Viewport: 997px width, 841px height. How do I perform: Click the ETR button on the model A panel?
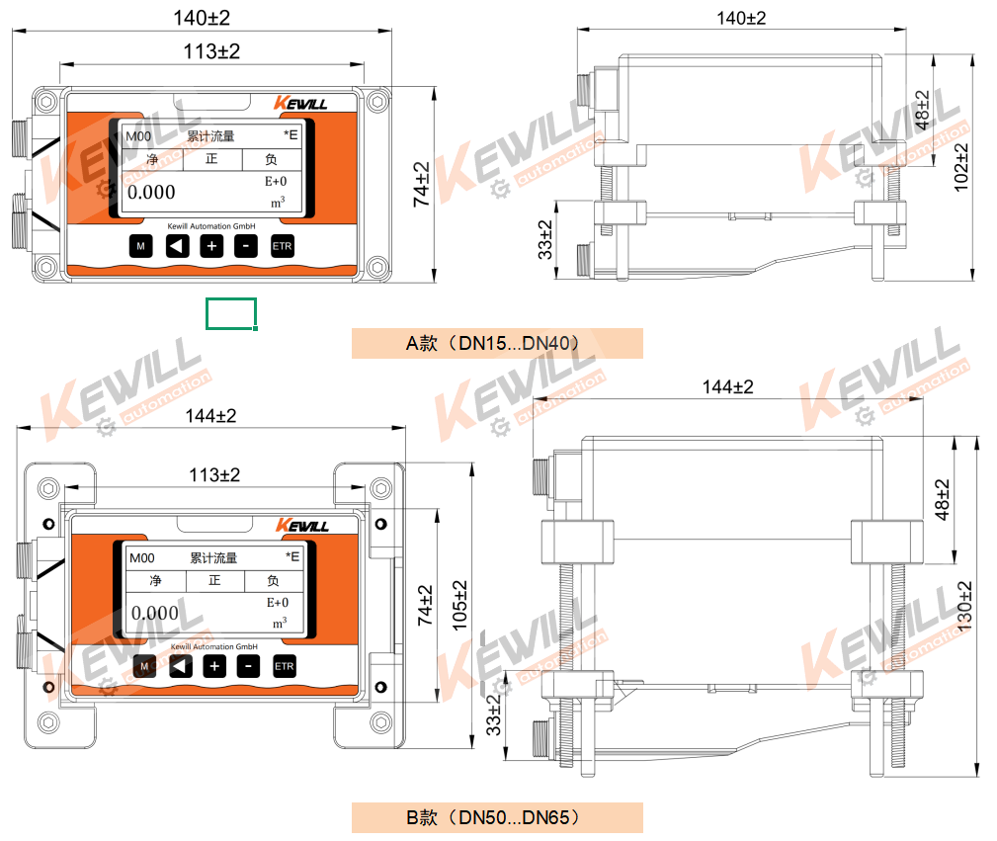pos(283,246)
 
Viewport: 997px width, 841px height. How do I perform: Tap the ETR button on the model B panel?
pos(285,666)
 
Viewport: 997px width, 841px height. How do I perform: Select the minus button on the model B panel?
pos(249,666)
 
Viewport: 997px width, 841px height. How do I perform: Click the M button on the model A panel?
pos(140,246)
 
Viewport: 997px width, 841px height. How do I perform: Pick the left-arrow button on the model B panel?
pos(181,666)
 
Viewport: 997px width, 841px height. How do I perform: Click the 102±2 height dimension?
pos(961,167)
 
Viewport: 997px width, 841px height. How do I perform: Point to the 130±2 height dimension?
pos(964,606)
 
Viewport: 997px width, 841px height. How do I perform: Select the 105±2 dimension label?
pos(459,606)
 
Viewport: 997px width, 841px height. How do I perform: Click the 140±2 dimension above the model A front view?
pos(202,18)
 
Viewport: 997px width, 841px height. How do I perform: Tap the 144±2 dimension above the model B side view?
pos(727,386)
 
